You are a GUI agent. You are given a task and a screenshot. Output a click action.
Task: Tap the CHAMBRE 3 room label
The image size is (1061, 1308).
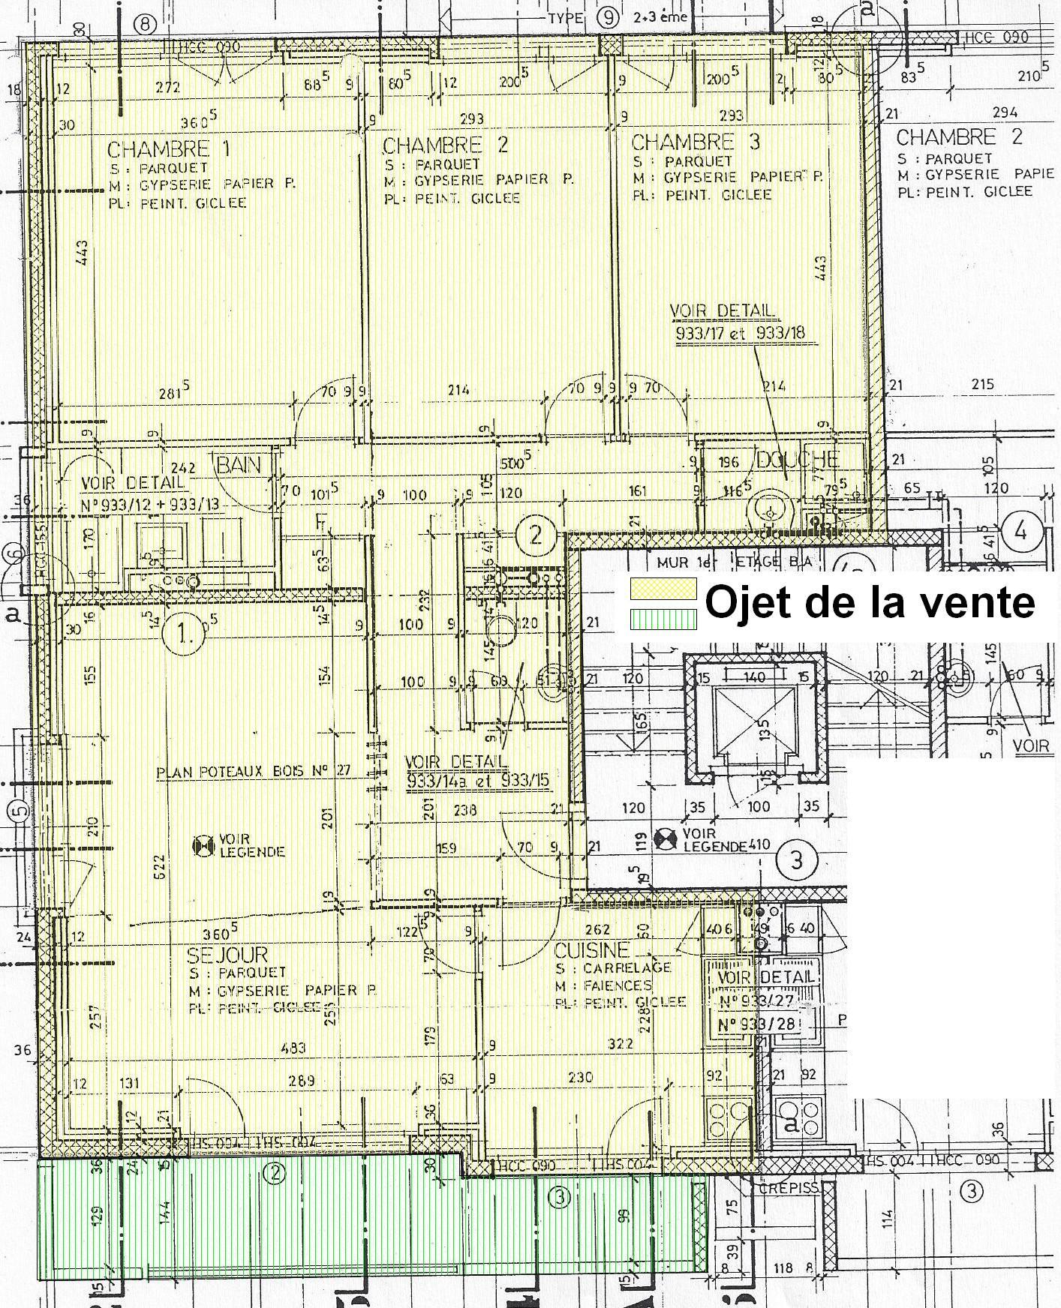[x=695, y=142]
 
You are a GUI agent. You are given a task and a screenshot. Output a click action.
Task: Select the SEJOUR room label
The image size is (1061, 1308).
[x=227, y=955]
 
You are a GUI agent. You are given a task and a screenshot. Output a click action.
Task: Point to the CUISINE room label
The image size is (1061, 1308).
[x=591, y=951]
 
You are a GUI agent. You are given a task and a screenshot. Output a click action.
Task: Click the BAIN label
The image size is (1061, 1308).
[x=239, y=465]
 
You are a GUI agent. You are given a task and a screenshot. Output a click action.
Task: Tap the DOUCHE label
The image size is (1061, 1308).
[x=797, y=460]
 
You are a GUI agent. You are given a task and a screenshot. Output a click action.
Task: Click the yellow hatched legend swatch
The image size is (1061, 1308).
[x=663, y=589]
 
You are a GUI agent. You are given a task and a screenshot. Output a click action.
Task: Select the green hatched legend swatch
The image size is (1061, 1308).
[x=663, y=618]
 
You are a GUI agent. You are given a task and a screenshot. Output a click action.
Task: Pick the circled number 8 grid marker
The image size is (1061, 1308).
[x=145, y=25]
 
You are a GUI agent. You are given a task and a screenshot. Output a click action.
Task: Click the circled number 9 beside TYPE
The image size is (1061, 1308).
[x=609, y=16]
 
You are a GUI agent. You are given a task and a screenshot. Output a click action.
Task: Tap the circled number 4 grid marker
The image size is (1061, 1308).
[x=1020, y=532]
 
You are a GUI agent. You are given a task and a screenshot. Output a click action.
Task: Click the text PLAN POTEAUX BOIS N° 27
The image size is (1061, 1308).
[x=253, y=772]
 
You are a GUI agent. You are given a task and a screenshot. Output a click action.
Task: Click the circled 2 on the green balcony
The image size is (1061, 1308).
[x=275, y=1173]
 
